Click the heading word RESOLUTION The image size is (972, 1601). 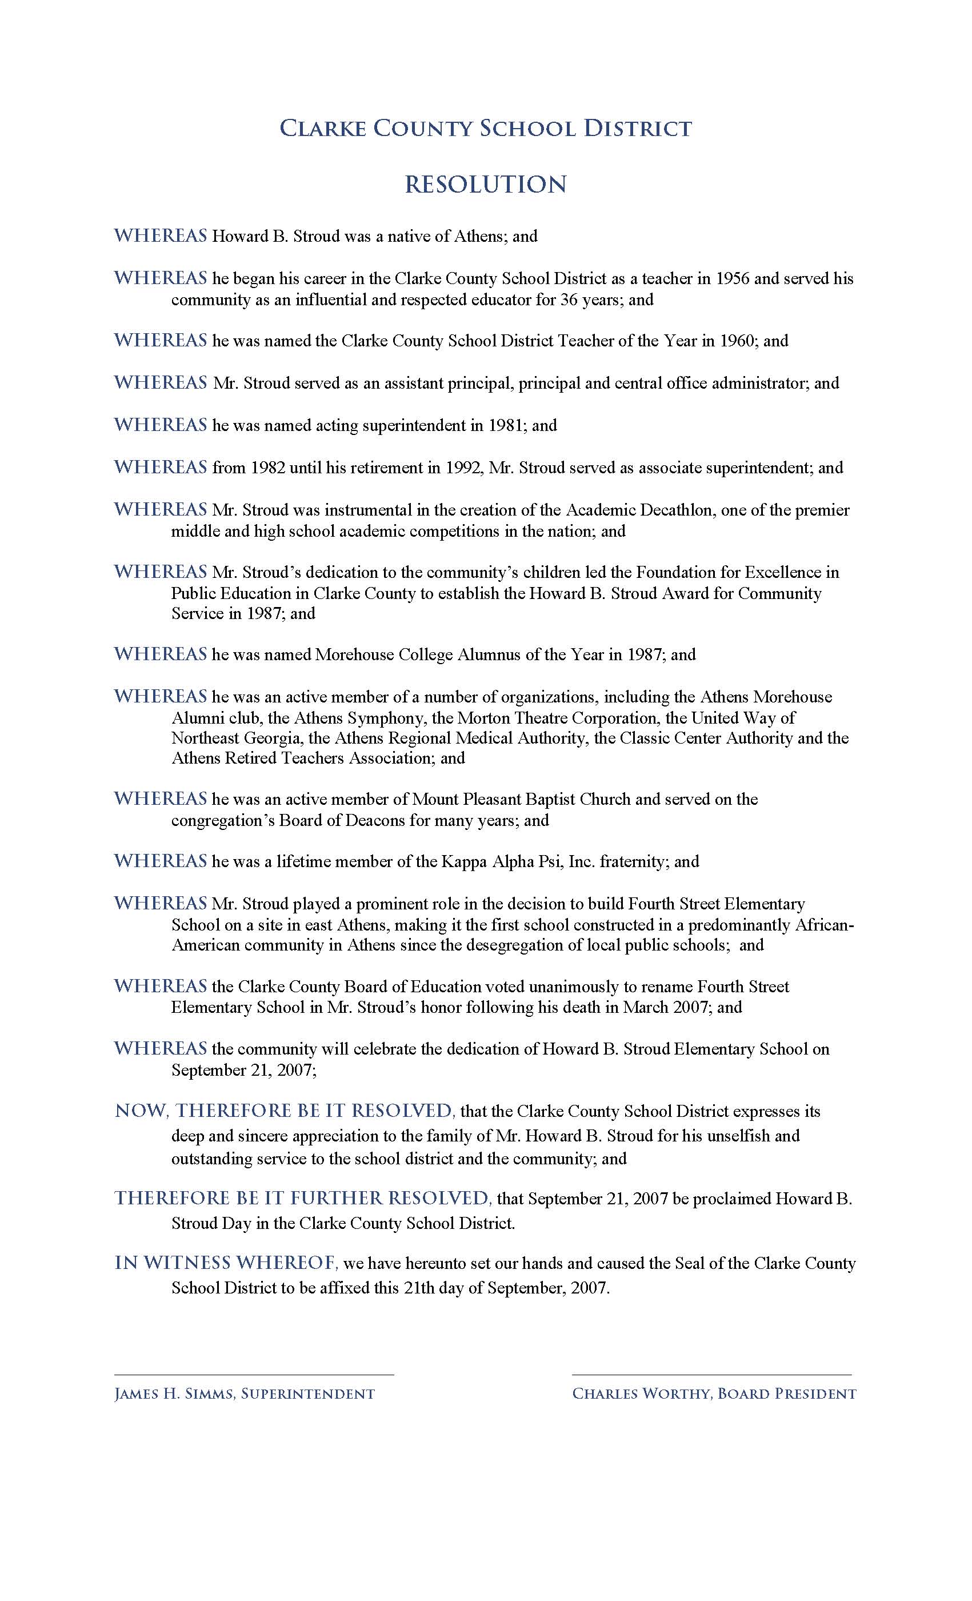click(485, 185)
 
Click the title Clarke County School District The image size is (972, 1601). click(485, 128)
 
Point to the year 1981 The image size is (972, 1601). click(507, 426)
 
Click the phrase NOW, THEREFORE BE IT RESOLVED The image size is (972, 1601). click(285, 1111)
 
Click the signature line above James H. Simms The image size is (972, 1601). click(254, 1374)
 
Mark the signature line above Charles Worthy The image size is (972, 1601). click(711, 1374)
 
